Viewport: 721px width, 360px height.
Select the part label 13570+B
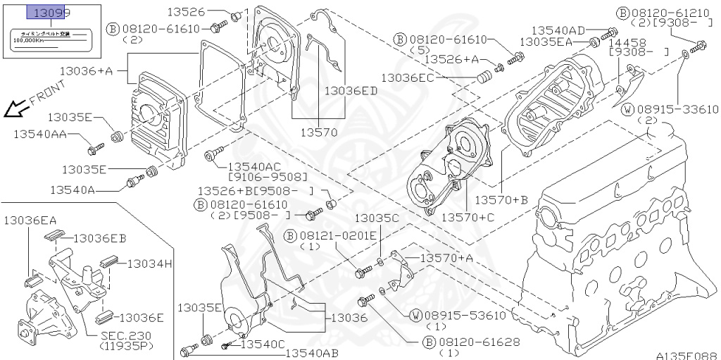(501, 200)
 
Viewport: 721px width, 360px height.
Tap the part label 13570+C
(468, 217)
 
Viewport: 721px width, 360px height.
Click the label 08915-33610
(678, 109)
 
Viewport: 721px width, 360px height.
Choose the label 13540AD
(558, 30)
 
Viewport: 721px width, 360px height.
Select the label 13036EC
(408, 77)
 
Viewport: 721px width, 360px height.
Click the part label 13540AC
(258, 166)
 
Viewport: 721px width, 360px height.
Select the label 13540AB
(312, 353)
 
